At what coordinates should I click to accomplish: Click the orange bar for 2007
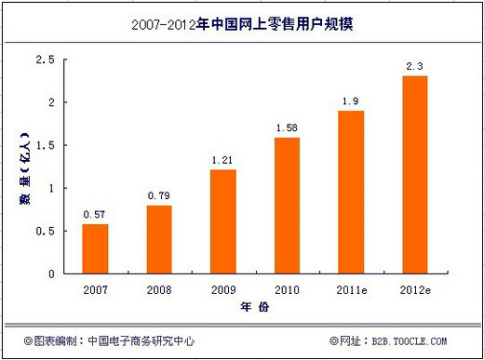(x=95, y=249)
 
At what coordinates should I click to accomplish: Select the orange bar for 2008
(x=159, y=240)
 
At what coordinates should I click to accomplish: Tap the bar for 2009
(x=222, y=222)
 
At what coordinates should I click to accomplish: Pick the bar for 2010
(x=287, y=207)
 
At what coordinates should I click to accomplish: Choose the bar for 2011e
(x=350, y=193)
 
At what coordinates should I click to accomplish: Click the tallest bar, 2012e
(x=414, y=175)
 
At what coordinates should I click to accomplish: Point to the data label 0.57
(x=95, y=215)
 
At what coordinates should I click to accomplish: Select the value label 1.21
(x=222, y=160)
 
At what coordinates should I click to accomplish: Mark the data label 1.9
(x=350, y=100)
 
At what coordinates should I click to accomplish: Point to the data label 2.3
(x=414, y=66)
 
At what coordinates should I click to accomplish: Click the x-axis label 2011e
(x=350, y=289)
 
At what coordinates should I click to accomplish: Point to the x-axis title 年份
(x=254, y=308)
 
